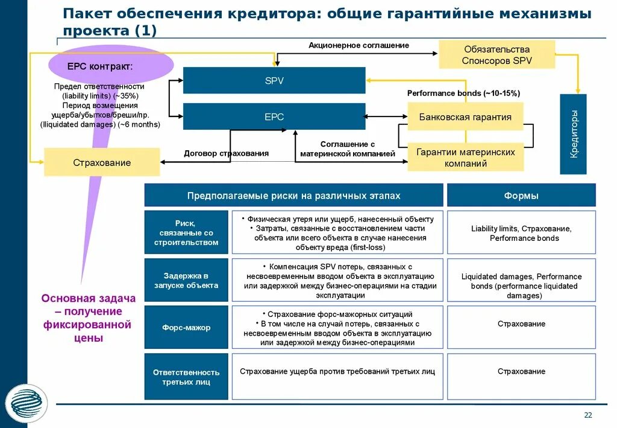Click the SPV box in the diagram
[274, 80]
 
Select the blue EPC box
[274, 117]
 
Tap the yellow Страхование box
[102, 162]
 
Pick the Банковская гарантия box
[465, 117]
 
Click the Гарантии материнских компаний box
[465, 158]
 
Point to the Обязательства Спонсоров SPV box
[497, 55]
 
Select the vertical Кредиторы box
[573, 134]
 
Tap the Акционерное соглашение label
[359, 45]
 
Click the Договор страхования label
[226, 153]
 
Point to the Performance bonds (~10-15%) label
[463, 93]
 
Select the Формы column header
[521, 196]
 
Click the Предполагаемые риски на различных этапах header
[293, 196]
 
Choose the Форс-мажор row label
[186, 328]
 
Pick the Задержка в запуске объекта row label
[186, 281]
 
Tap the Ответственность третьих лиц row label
[186, 377]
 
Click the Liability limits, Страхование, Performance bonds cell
[521, 233]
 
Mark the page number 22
[588, 415]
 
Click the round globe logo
[27, 403]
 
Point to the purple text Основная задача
[88, 298]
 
